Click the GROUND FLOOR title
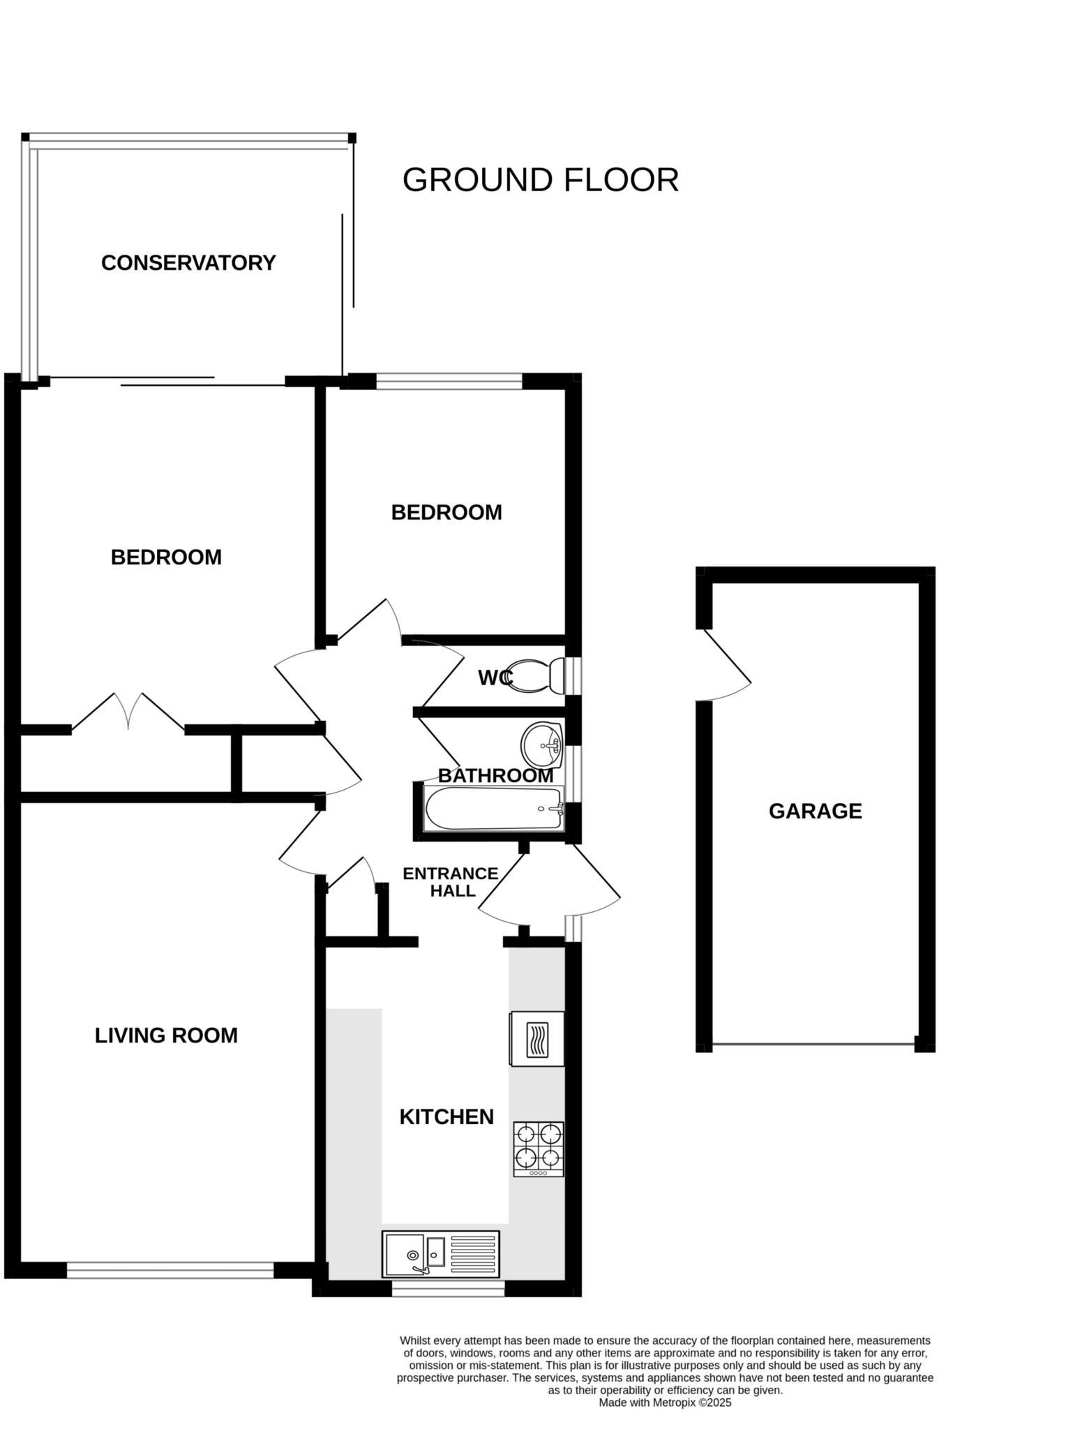click(540, 180)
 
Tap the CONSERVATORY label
click(188, 263)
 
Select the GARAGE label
click(815, 811)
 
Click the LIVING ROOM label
click(166, 1035)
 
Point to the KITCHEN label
click(446, 1116)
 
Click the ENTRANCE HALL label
click(451, 882)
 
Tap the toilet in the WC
click(537, 675)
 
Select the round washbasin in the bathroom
click(542, 745)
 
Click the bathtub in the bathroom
click(493, 809)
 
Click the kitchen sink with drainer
click(440, 1254)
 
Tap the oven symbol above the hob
click(537, 1039)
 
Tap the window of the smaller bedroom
click(449, 381)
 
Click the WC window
click(573, 675)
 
